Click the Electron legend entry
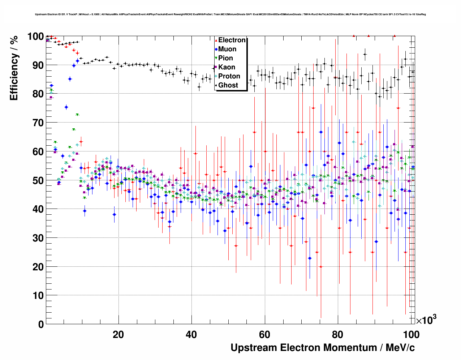232,40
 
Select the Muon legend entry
227,49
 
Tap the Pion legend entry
225,58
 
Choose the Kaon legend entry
227,67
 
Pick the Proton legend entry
229,76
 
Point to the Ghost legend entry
228,85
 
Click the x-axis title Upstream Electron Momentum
323,348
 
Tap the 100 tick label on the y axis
35,37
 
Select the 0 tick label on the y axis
40,325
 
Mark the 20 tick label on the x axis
118,335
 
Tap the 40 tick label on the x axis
191,335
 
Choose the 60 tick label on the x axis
265,335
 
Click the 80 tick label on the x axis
338,335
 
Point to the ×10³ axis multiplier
426,320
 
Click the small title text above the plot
231,14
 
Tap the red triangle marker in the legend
216,40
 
